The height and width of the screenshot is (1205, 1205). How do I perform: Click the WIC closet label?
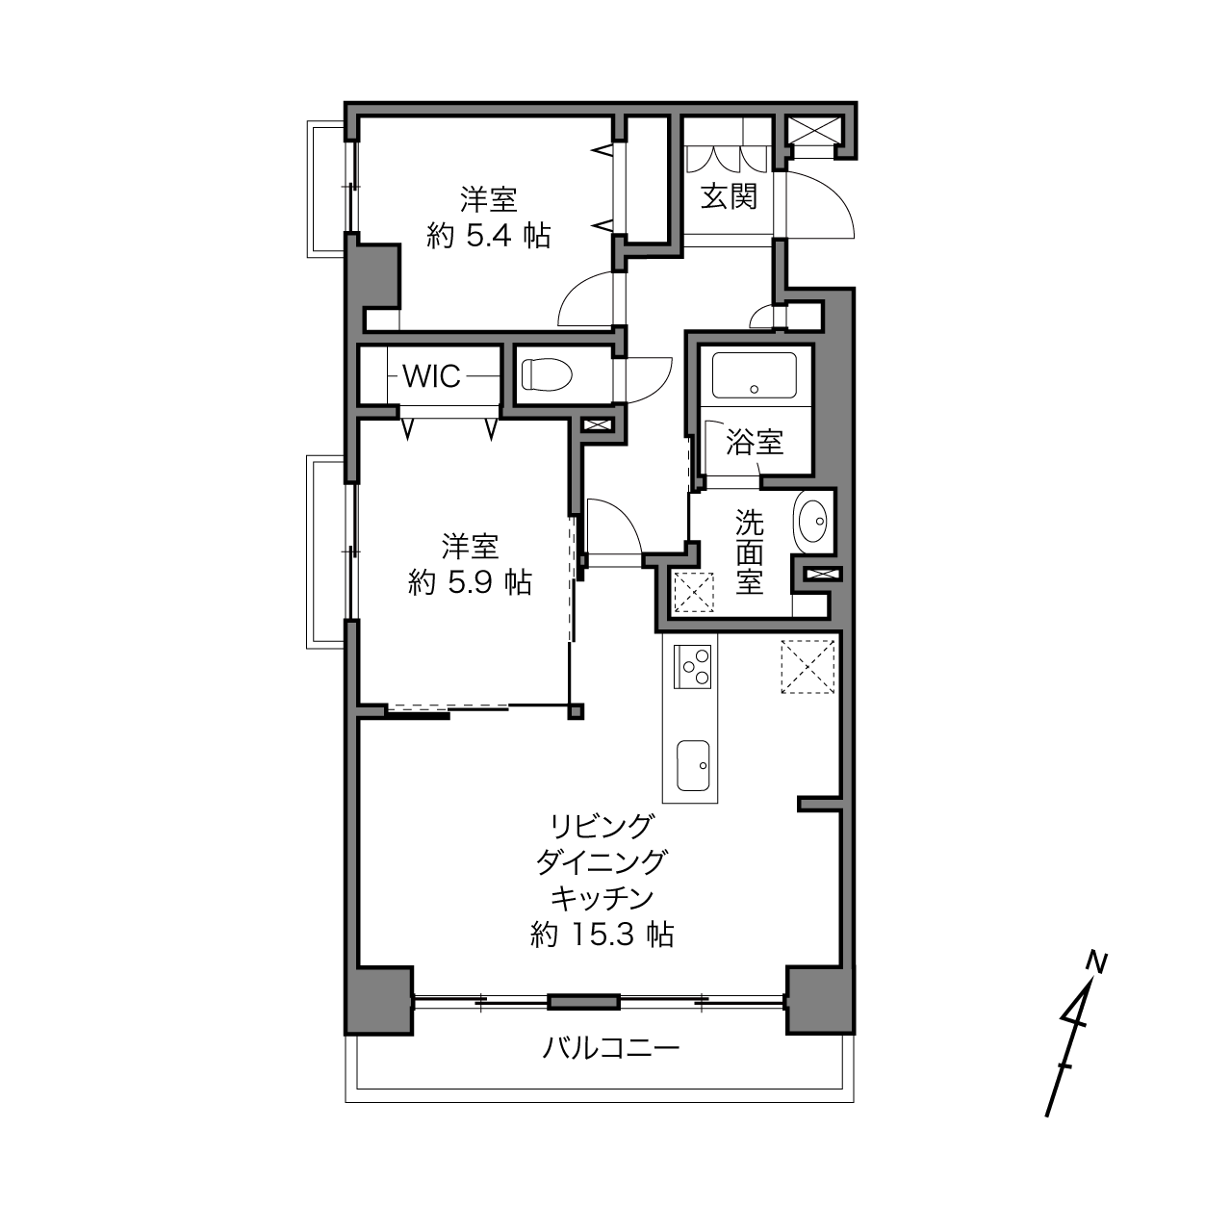(x=431, y=376)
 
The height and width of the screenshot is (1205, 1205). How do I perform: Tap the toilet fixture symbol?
(x=548, y=375)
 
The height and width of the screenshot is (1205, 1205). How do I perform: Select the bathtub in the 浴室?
(x=755, y=375)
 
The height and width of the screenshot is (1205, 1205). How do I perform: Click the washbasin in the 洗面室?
(x=811, y=521)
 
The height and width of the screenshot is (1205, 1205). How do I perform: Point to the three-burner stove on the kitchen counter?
(x=692, y=667)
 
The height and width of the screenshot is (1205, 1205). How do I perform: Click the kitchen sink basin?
(x=693, y=765)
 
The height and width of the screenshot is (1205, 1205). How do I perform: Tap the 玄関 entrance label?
(x=730, y=196)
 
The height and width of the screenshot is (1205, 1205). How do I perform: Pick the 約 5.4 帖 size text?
(x=489, y=237)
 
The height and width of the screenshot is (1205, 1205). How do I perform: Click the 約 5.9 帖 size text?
(x=471, y=583)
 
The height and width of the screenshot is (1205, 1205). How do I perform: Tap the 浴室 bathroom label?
(x=755, y=442)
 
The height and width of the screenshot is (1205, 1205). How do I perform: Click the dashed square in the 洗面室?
(x=693, y=592)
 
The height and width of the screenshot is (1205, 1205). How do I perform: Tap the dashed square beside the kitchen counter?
(x=808, y=667)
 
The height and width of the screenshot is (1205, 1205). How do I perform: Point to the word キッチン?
(x=602, y=899)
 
